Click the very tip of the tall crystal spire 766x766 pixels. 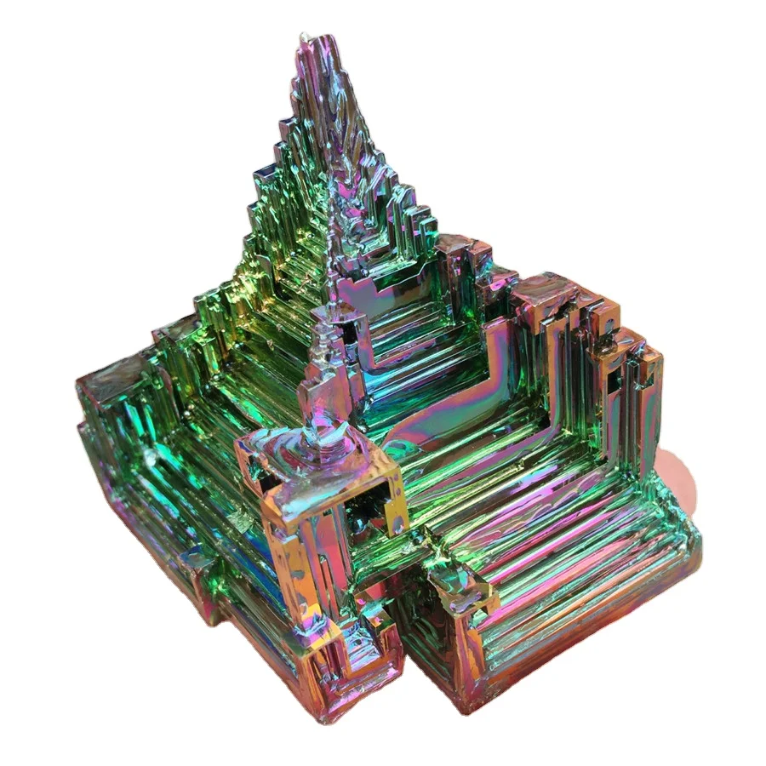pyautogui.click(x=305, y=37)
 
